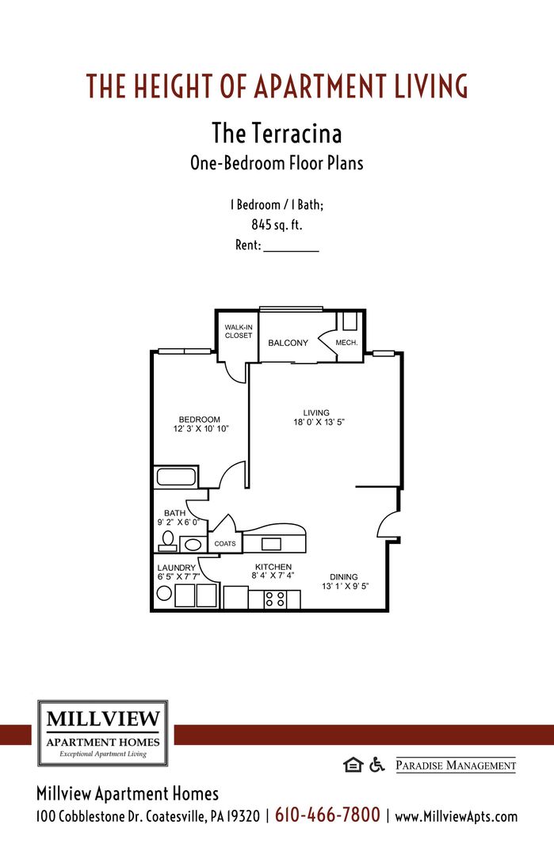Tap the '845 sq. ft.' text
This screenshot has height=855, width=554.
coord(277,225)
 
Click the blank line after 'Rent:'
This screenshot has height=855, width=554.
coord(290,246)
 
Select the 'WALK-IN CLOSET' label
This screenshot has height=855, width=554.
coord(238,331)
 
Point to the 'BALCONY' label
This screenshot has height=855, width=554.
coord(288,343)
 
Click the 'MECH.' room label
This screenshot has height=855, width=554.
coord(346,343)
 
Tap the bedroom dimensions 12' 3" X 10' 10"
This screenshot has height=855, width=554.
coord(201,429)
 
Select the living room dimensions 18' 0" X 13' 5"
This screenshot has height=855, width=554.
coord(319,422)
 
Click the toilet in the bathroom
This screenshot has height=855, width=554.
coord(167,541)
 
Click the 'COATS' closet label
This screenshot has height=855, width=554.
coord(225,544)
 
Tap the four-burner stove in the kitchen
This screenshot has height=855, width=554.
coord(274,599)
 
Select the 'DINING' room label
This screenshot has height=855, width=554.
coord(344,577)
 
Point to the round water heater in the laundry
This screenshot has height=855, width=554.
coord(164,595)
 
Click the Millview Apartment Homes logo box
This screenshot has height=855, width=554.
coord(103,733)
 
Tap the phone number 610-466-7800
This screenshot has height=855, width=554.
coord(327,815)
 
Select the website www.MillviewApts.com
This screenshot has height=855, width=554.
coord(456,816)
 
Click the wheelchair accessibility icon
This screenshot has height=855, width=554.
coord(376,764)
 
